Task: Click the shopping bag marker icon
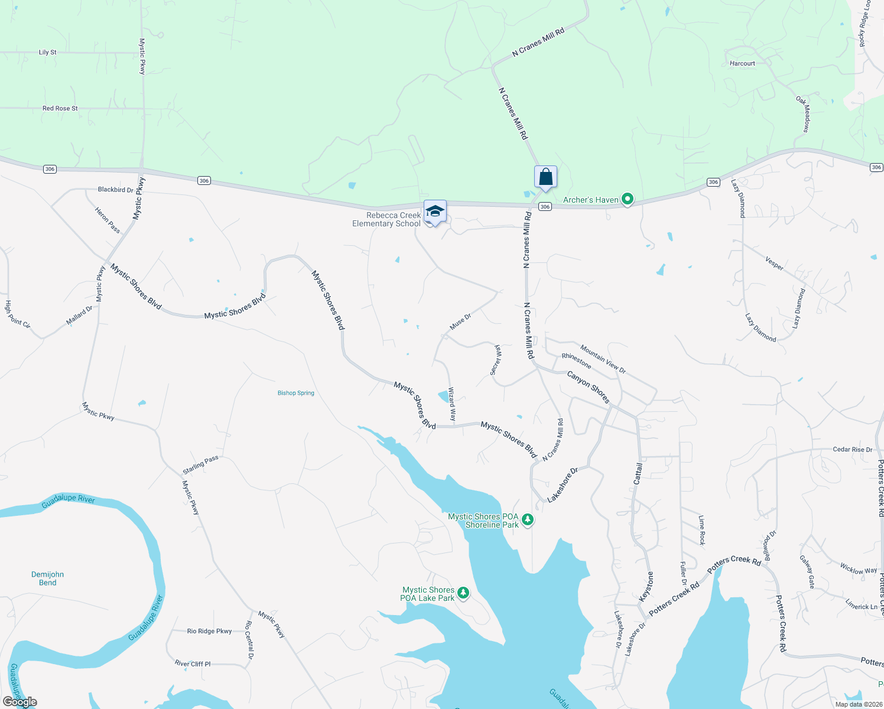click(545, 177)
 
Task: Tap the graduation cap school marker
click(435, 212)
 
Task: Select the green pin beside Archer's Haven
click(628, 200)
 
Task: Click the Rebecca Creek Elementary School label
click(387, 219)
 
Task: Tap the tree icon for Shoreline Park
click(528, 520)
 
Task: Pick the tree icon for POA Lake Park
click(463, 593)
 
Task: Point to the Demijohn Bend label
click(47, 578)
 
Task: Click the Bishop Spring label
click(296, 393)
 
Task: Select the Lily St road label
click(48, 52)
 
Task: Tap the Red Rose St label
click(60, 108)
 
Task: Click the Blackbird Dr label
click(116, 190)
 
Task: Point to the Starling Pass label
click(200, 465)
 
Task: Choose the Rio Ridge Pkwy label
click(209, 631)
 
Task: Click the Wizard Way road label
click(452, 404)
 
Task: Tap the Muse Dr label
click(460, 321)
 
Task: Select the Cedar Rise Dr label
click(852, 450)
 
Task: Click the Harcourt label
click(742, 63)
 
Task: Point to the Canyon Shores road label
click(588, 387)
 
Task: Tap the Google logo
click(20, 702)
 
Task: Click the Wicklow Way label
click(859, 569)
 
